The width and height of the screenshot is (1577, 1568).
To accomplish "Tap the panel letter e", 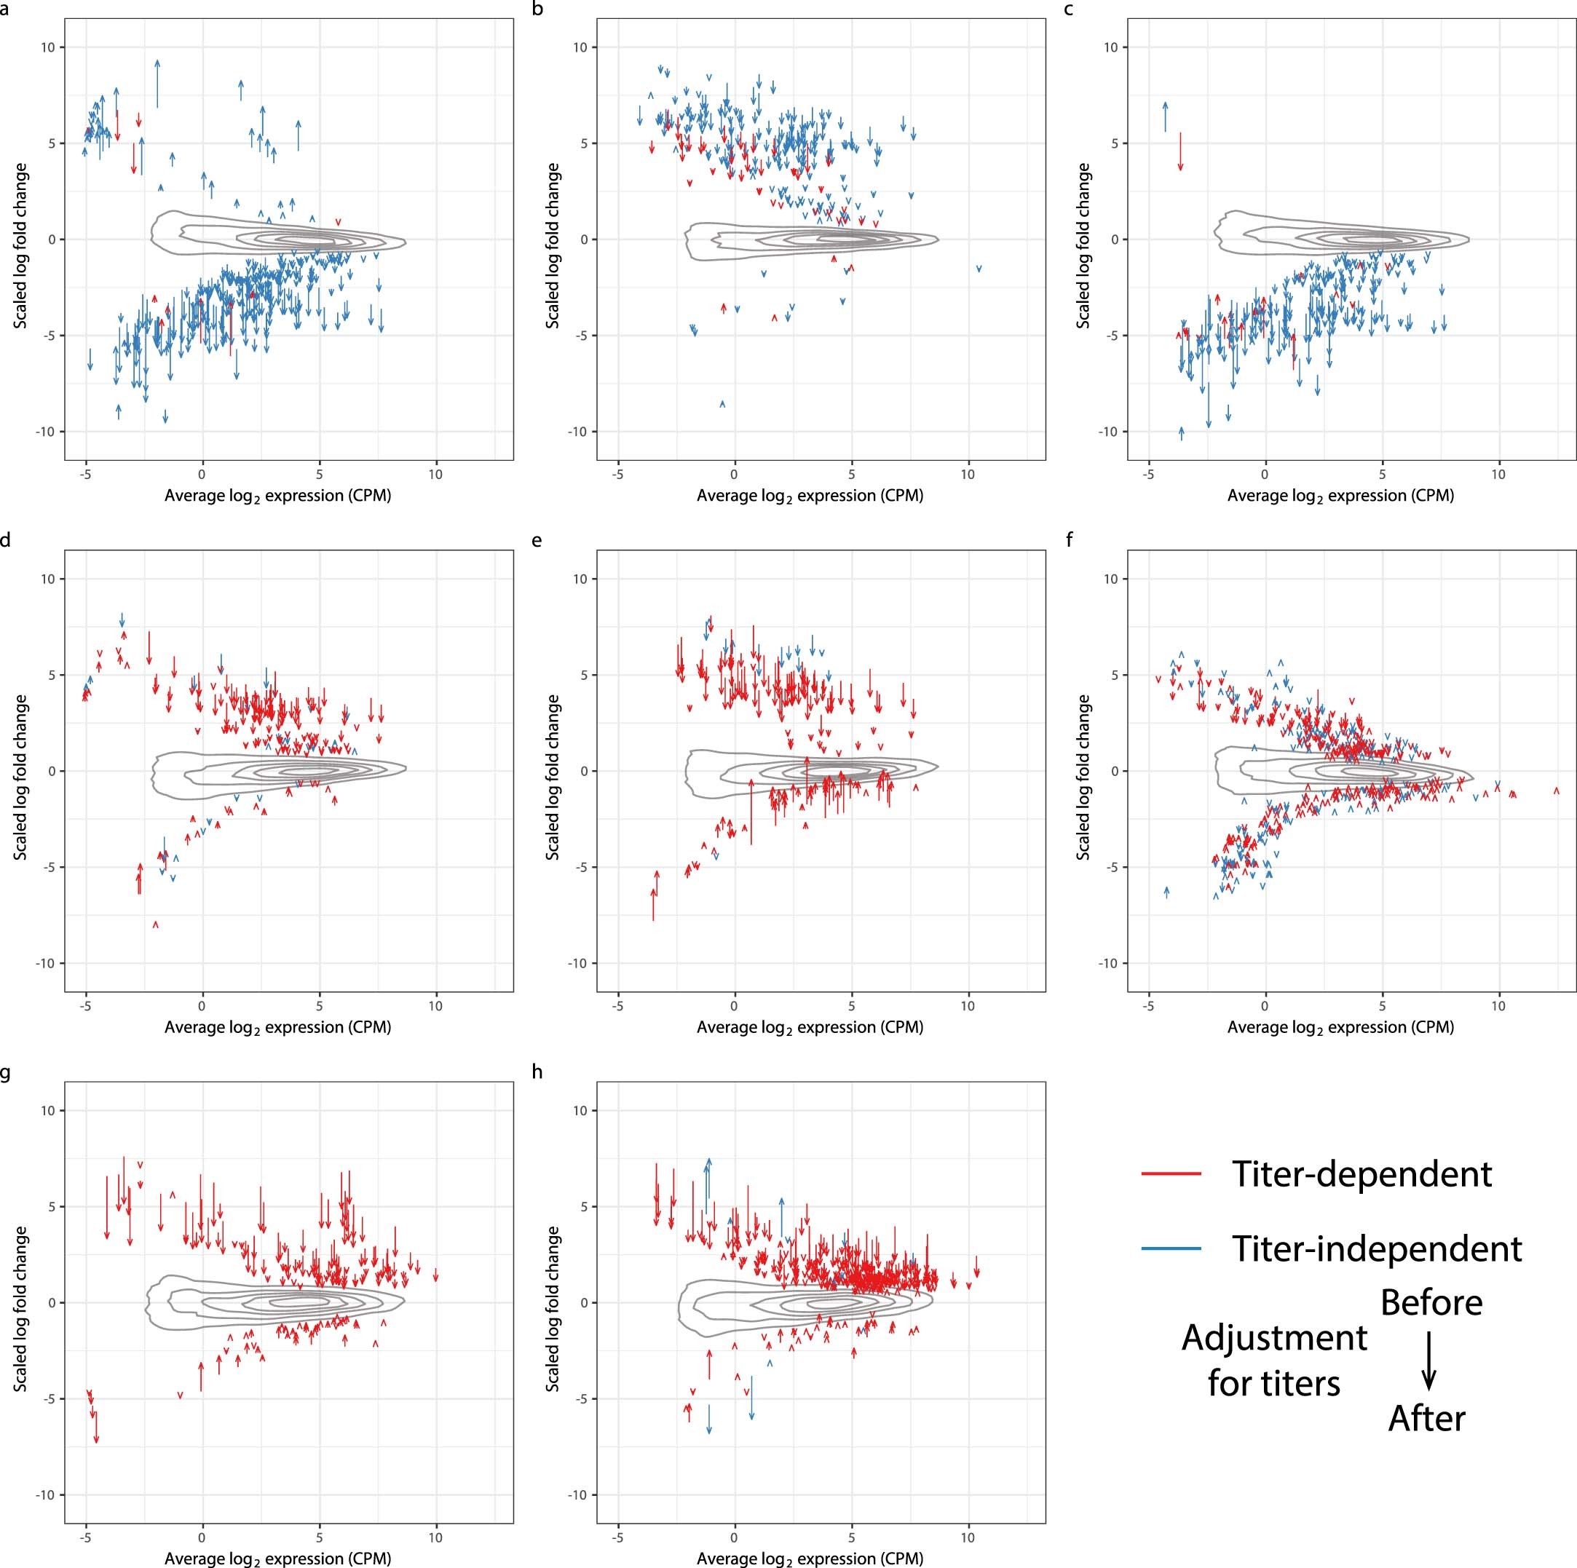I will [x=537, y=541].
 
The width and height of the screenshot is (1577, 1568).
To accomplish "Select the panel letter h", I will [x=537, y=1072].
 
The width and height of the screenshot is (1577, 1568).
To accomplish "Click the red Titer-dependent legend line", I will [x=1171, y=1173].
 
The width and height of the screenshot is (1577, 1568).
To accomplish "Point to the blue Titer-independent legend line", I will [x=1171, y=1248].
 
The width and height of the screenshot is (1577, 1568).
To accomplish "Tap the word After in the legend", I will [x=1427, y=1418].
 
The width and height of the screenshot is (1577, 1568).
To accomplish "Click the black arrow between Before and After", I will [x=1428, y=1361].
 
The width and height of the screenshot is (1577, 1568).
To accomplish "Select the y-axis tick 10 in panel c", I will [x=1110, y=47].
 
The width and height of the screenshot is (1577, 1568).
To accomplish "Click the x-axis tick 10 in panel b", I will [x=968, y=474].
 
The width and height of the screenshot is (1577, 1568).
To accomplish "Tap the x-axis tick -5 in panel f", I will [x=1148, y=1007].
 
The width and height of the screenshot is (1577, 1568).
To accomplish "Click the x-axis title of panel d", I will [x=277, y=1028].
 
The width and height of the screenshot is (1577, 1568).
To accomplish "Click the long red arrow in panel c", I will [x=1179, y=151].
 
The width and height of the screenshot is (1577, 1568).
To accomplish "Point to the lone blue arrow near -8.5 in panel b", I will [x=722, y=404].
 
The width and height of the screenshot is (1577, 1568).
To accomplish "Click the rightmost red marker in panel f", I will [x=1556, y=790].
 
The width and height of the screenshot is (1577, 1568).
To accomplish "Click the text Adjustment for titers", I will [x=1273, y=1361].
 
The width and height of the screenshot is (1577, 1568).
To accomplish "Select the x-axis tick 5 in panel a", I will [x=319, y=474].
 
